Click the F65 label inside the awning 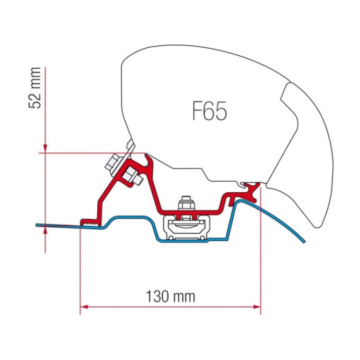point(210,111)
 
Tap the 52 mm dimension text point(35,88)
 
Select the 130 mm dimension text point(170,297)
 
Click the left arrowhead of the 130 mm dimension point(84,307)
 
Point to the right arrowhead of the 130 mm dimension point(257,307)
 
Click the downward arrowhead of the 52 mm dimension point(45,148)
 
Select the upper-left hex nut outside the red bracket point(113,164)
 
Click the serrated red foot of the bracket point(90,222)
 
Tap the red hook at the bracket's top point(148,160)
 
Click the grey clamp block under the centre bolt point(186,227)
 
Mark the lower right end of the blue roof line point(305,242)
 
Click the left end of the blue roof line point(37,225)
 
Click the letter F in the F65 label point(196,111)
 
